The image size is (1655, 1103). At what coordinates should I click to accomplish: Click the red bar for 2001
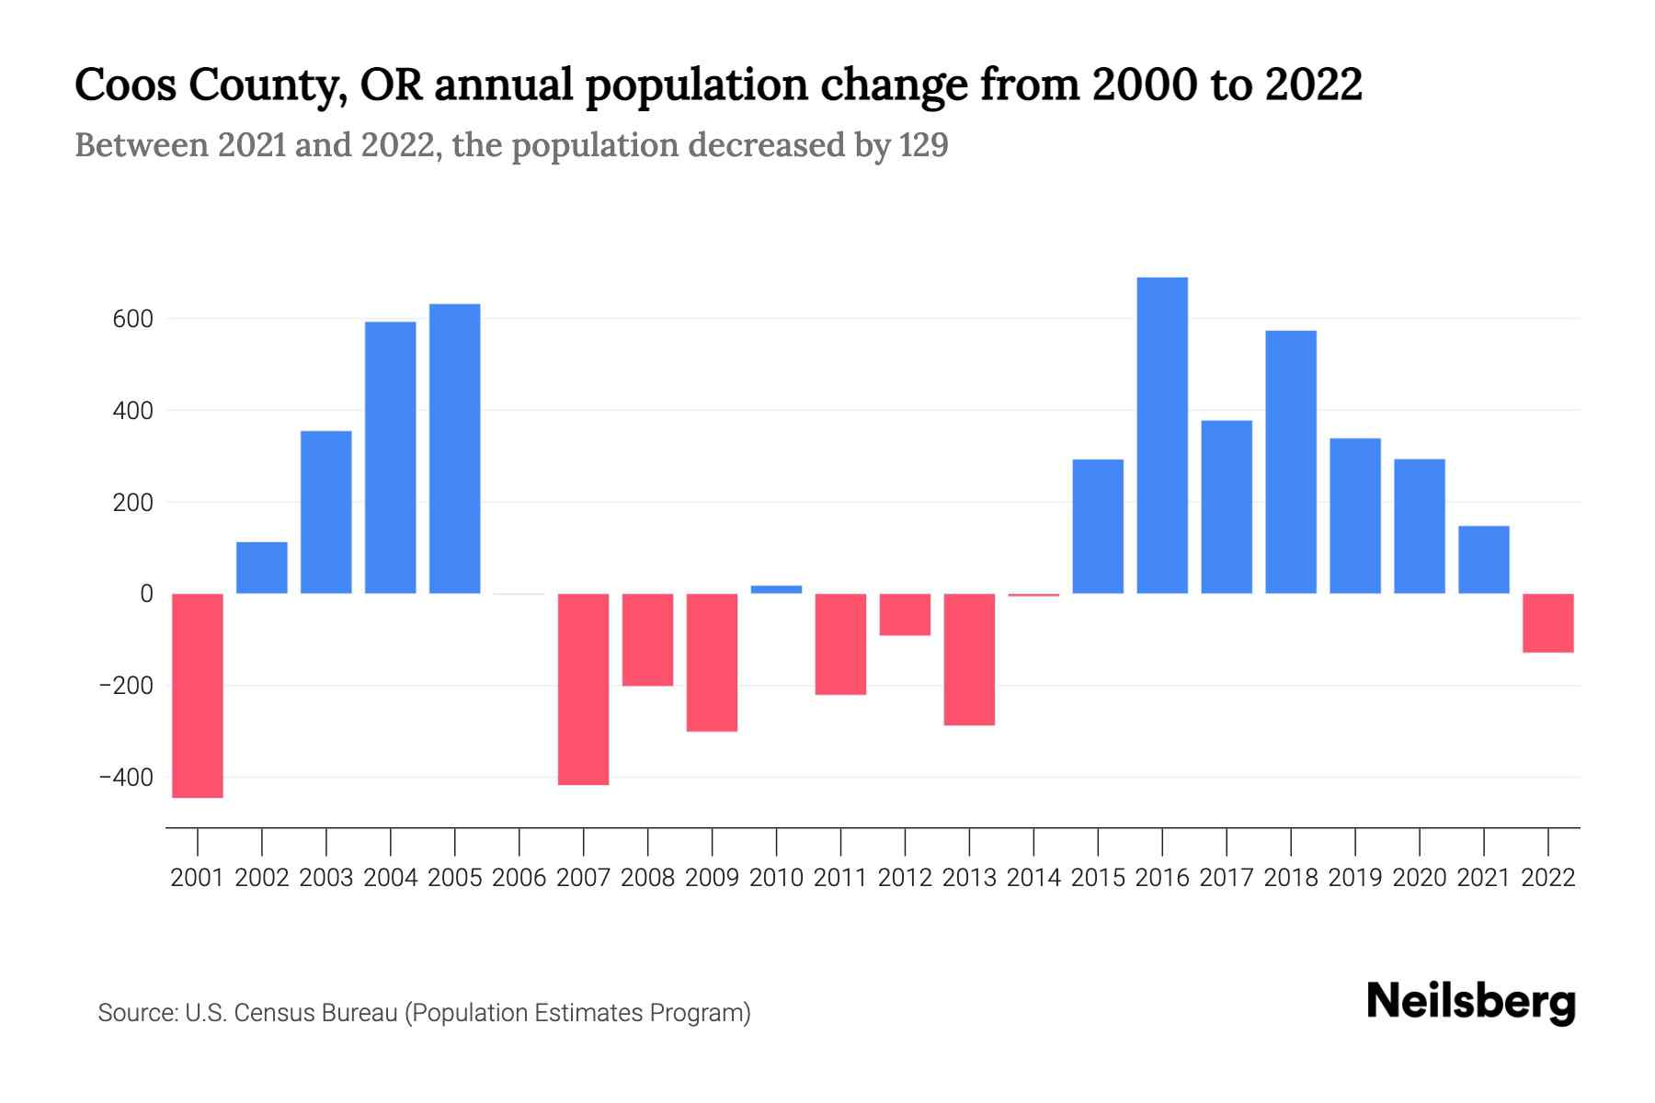coord(198,695)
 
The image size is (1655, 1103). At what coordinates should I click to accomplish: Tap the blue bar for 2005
coord(455,449)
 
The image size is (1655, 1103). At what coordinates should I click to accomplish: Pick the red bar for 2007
coord(584,688)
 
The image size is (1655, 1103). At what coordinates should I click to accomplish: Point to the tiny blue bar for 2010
coord(776,589)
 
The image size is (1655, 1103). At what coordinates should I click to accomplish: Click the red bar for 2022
coord(1548,622)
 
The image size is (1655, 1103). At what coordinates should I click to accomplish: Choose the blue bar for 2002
coord(262,567)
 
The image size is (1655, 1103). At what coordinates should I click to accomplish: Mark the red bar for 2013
coord(969,659)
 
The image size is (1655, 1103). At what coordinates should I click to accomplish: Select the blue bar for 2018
coord(1291,461)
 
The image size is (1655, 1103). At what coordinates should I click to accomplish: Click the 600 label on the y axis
coord(133,320)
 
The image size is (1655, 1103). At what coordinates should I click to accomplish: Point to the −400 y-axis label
coord(126,778)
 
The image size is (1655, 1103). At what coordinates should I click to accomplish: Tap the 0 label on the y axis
coord(146,594)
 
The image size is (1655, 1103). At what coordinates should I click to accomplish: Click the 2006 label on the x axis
coord(519,878)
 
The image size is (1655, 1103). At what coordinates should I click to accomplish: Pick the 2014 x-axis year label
coord(1033,878)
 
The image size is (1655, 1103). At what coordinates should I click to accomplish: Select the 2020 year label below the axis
coord(1420,878)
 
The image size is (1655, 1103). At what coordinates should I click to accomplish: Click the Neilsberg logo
coord(1471,1002)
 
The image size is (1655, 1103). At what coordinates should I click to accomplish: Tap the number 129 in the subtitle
coord(923,145)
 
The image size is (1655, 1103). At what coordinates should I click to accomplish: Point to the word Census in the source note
coord(270,1013)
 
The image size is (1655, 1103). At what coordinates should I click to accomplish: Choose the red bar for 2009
coord(713,662)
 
